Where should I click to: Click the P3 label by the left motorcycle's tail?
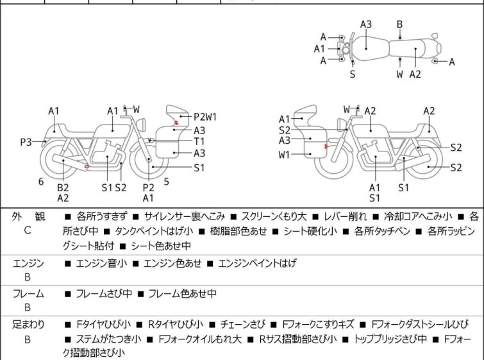point(26,142)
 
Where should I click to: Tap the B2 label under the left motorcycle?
point(63,187)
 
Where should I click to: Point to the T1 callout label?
point(199,141)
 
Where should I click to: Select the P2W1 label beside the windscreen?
point(205,117)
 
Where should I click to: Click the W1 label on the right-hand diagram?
point(285,155)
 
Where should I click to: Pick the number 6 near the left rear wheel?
point(41,182)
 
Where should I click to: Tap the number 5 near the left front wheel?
point(166,182)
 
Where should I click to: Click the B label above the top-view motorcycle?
point(399,24)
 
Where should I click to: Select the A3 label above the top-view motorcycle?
point(365,24)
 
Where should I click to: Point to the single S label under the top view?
point(352,74)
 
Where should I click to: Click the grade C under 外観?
point(27,230)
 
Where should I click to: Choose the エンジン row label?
point(28,262)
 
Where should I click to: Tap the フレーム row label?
point(28,294)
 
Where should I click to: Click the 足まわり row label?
point(28,325)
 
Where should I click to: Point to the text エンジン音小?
point(101,263)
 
